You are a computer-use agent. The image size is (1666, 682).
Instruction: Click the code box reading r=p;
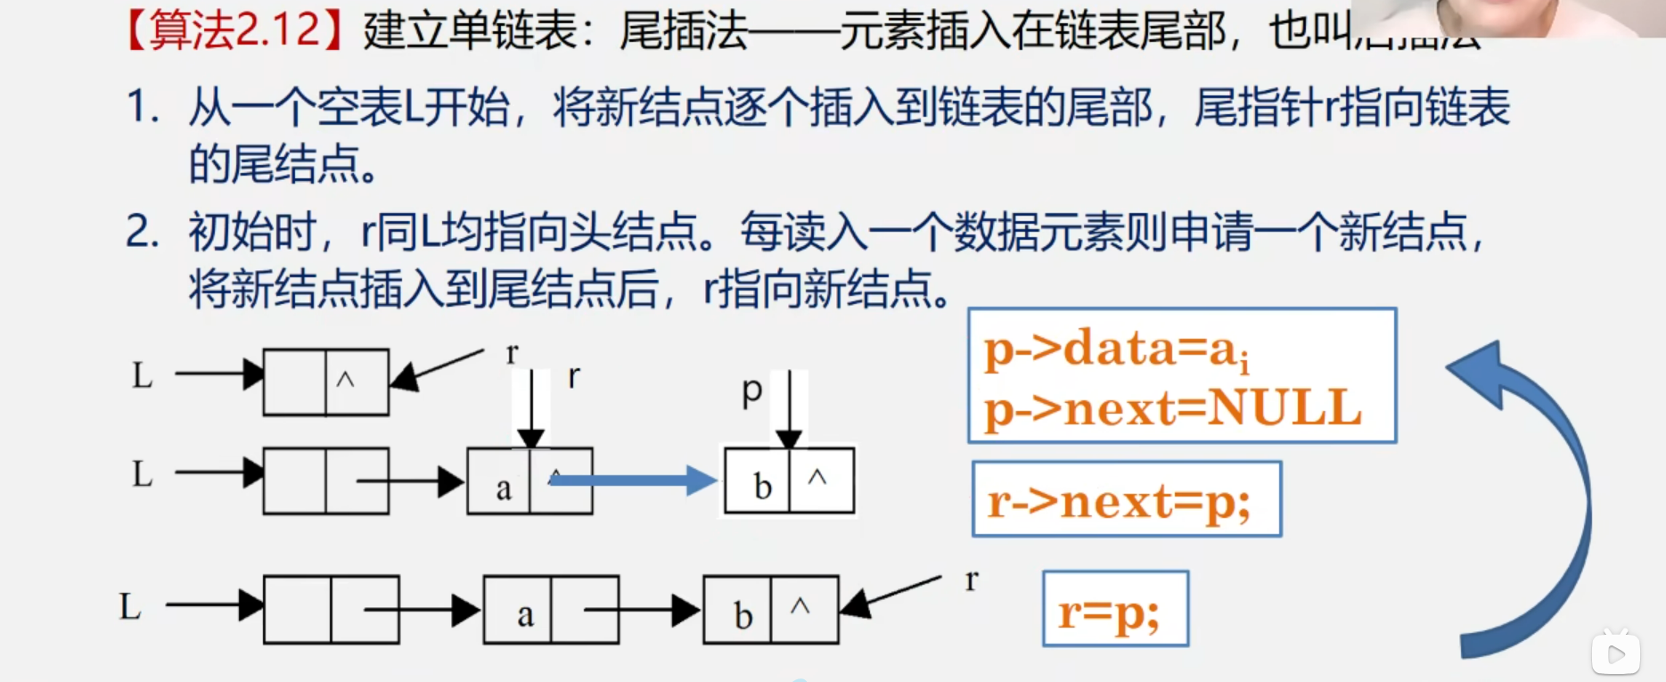click(1114, 610)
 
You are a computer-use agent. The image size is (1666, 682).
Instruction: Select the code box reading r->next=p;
click(1126, 500)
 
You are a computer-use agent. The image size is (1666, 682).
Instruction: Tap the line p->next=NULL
click(1172, 408)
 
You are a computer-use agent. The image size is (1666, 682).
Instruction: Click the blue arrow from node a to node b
click(633, 481)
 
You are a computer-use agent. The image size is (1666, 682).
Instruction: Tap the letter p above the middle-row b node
click(752, 390)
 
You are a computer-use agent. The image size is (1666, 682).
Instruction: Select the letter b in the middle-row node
click(762, 486)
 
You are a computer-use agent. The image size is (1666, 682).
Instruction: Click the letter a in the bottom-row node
click(525, 614)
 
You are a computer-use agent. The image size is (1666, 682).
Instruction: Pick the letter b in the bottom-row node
click(743, 615)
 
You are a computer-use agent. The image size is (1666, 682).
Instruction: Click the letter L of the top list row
click(143, 375)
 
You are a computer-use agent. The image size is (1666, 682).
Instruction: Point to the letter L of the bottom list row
click(130, 607)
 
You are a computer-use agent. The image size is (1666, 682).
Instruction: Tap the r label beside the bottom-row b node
click(972, 580)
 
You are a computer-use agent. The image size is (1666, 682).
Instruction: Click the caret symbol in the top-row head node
click(346, 380)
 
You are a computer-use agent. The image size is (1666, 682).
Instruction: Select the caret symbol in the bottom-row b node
click(800, 606)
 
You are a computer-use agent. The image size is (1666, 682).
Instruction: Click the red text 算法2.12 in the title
click(234, 29)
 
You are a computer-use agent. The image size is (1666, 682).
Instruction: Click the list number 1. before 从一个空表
click(143, 107)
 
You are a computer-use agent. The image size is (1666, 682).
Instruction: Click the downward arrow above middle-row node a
click(531, 410)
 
